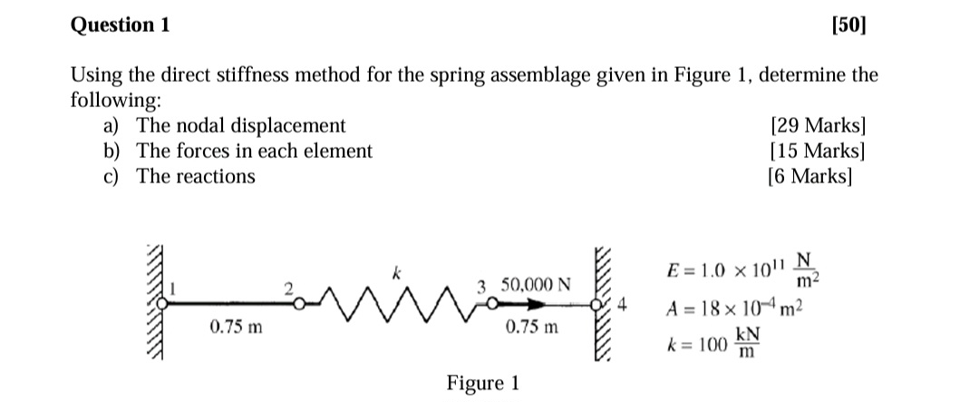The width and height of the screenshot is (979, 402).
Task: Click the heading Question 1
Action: [x=120, y=25]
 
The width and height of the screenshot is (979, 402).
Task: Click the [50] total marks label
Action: [x=848, y=25]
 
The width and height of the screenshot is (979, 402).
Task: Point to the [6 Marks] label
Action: [x=809, y=176]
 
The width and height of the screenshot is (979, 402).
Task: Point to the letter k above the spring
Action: [x=393, y=270]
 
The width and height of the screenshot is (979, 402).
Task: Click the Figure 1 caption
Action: [x=483, y=382]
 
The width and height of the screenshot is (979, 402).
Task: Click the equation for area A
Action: [x=734, y=306]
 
